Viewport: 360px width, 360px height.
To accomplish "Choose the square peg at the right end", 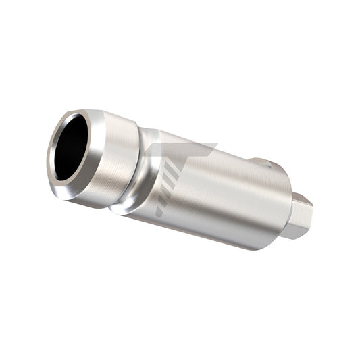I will point(297,214).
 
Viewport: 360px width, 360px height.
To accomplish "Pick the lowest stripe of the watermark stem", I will point(160,211).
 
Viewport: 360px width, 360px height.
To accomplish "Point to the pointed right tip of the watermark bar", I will point(215,145).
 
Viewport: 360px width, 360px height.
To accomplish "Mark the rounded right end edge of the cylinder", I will point(284,203).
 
